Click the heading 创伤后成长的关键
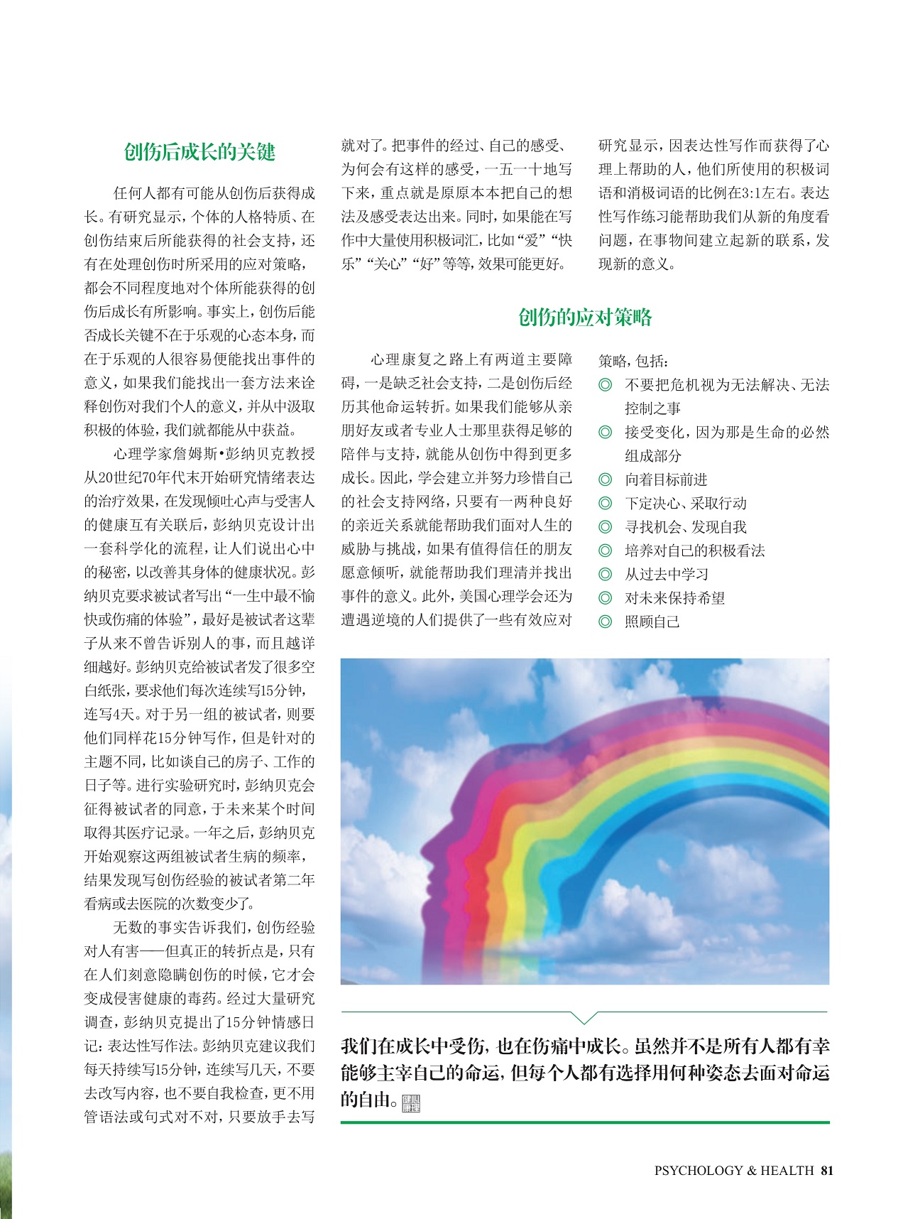[199, 152]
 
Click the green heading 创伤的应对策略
[584, 318]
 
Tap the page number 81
[826, 1170]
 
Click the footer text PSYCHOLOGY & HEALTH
[733, 1170]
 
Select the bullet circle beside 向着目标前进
[605, 480]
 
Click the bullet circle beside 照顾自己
[605, 622]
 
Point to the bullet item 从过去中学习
[666, 574]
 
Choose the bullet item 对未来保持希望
[674, 598]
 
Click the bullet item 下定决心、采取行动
[685, 503]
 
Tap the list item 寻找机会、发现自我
[685, 527]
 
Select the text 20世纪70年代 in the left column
[139, 477]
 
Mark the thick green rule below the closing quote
[584, 1122]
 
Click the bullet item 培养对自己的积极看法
[694, 551]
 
